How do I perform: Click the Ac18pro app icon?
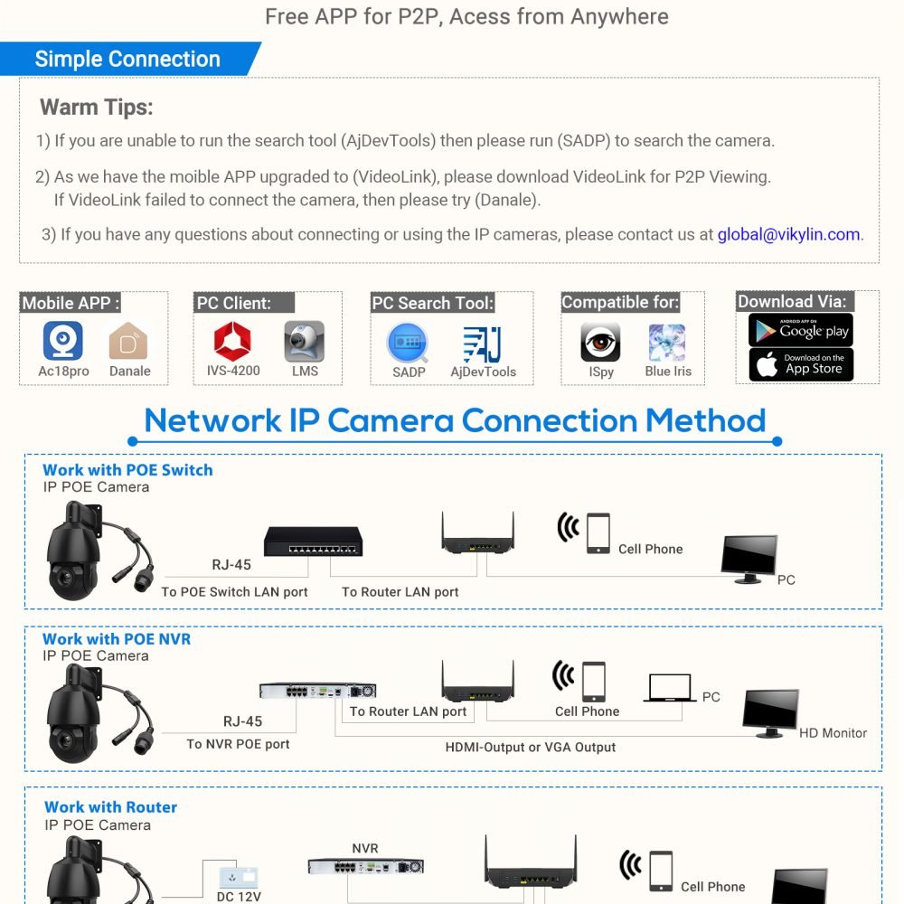point(63,341)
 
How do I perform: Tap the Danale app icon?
point(129,342)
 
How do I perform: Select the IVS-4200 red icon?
point(231,341)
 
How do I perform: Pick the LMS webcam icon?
point(305,341)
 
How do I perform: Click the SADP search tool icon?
point(409,343)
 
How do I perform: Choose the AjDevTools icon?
point(483,344)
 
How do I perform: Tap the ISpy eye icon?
point(600,343)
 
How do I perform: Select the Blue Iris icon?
point(667,343)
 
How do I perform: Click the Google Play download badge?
point(801,330)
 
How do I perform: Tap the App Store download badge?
point(801,364)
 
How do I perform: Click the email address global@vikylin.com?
point(788,234)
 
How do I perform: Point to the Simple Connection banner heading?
point(127,60)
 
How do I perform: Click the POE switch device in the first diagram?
point(313,541)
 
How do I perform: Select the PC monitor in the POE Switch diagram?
point(749,555)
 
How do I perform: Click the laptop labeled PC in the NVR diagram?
point(670,689)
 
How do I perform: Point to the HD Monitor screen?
point(770,711)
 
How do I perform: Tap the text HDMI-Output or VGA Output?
point(531,748)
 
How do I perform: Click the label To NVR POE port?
point(238,744)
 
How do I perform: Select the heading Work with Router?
point(110,807)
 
